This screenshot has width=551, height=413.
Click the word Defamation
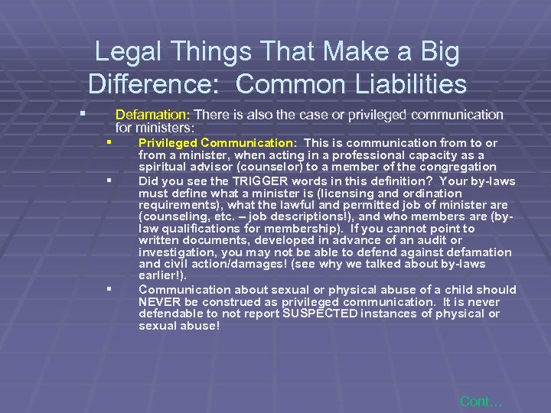[x=147, y=115]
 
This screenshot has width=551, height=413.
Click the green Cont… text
[x=481, y=400]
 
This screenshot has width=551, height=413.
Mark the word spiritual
[x=163, y=167]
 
